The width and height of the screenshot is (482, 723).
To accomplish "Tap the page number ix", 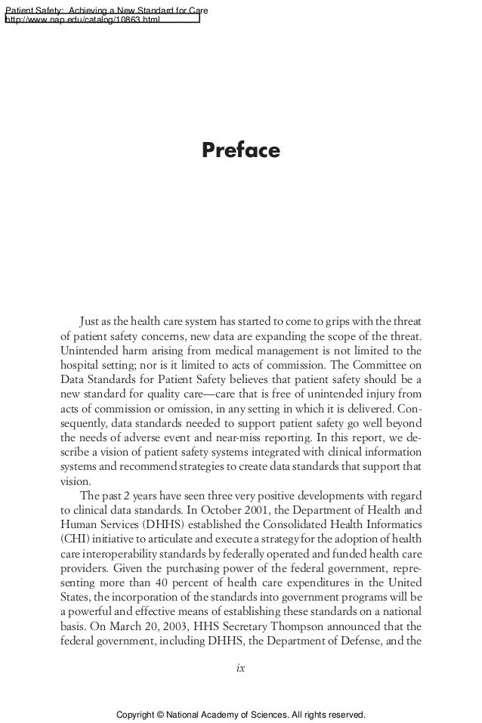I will pos(241,668).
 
